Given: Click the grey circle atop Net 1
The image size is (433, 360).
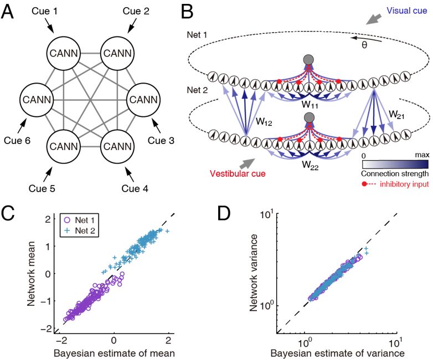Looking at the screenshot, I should tap(308, 60).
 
